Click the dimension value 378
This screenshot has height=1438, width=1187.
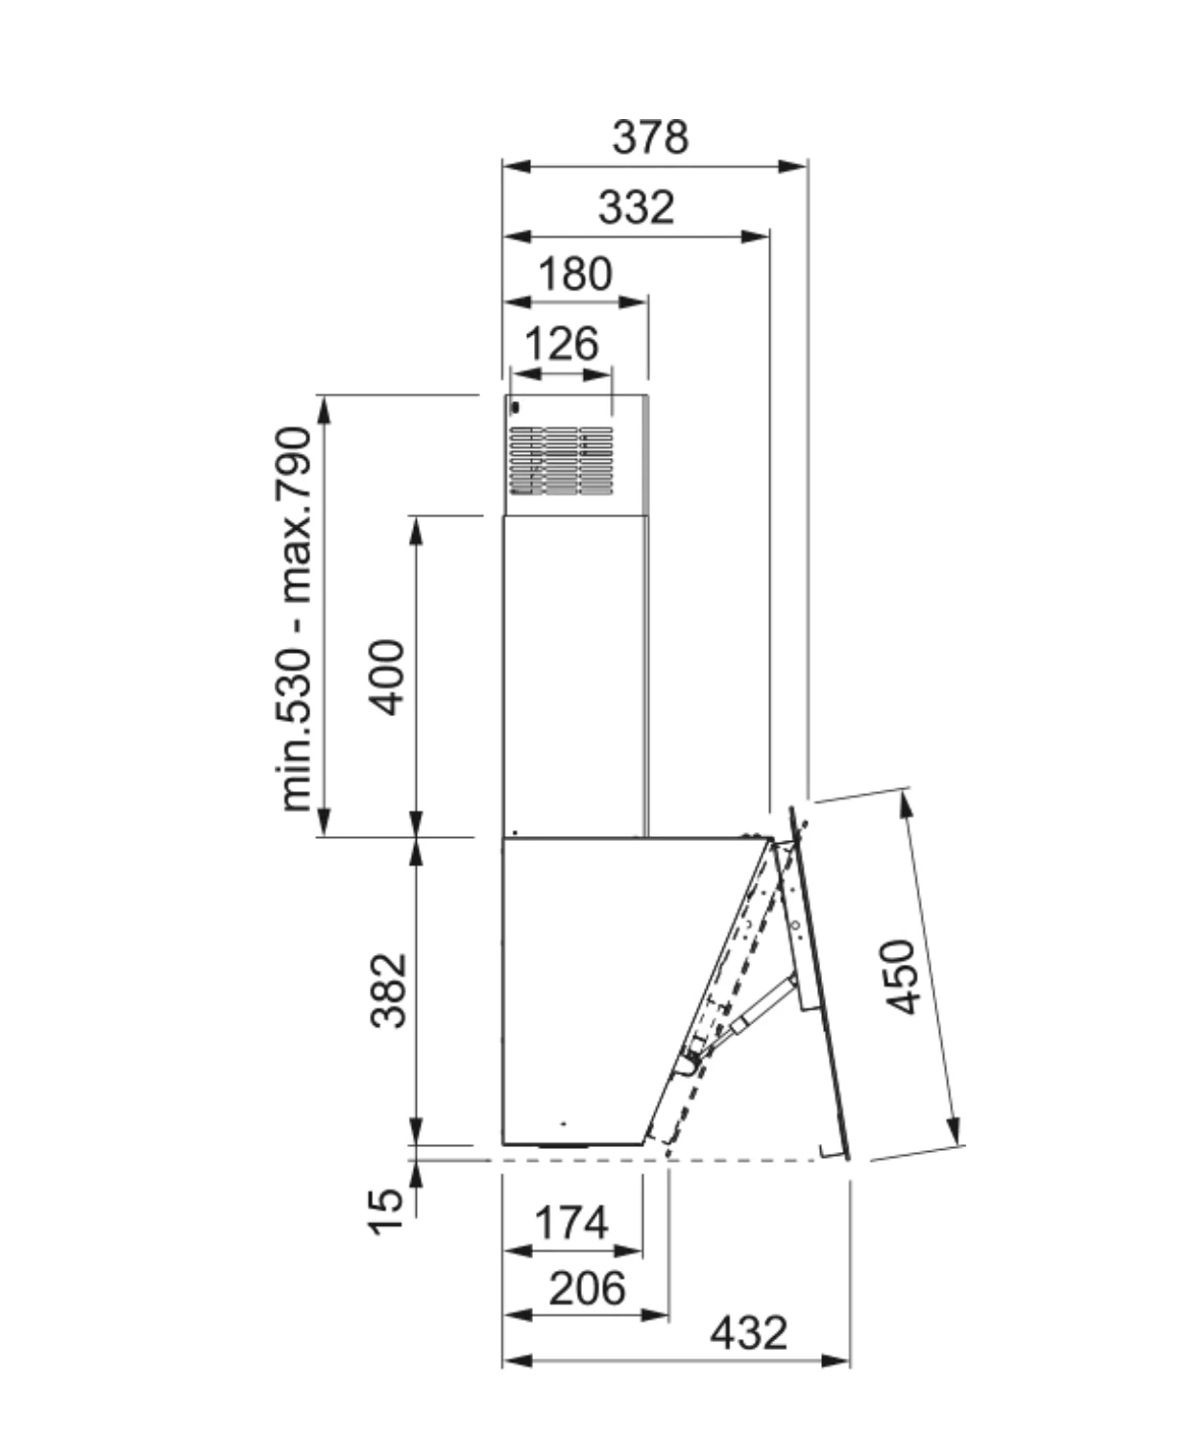[x=650, y=137]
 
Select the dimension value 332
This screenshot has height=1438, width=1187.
[x=636, y=207]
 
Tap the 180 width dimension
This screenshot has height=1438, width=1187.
[x=574, y=275]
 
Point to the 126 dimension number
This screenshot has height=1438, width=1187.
[x=562, y=344]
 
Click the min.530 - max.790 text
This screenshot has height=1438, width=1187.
[x=295, y=619]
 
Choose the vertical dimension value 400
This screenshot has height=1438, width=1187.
[x=388, y=677]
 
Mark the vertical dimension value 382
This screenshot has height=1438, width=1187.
[x=388, y=990]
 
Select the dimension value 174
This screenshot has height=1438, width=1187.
[x=571, y=1223]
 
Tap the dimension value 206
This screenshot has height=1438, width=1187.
[x=587, y=1287]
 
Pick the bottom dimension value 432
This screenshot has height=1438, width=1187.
[x=748, y=1332]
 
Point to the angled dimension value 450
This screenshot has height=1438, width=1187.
[x=903, y=976]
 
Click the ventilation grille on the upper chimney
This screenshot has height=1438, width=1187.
[x=561, y=461]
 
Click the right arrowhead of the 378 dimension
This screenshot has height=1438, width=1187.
[x=794, y=166]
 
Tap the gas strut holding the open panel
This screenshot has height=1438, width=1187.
[x=763, y=1004]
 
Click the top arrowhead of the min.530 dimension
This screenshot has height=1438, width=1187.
[x=324, y=407]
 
